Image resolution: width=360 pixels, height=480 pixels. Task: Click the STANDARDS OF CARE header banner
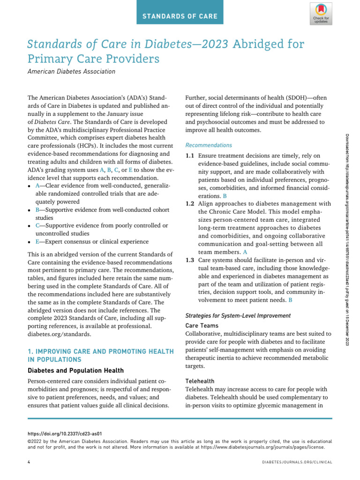pyautogui.click(x=180, y=16)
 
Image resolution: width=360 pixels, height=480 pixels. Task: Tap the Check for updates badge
pyautogui.click(x=320, y=13)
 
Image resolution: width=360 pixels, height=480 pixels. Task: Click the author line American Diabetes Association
pyautogui.click(x=71, y=71)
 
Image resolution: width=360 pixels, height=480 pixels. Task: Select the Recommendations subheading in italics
pyautogui.click(x=209, y=145)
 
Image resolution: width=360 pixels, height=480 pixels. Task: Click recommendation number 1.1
pyautogui.click(x=190, y=155)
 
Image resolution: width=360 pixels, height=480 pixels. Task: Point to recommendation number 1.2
pyautogui.click(x=190, y=204)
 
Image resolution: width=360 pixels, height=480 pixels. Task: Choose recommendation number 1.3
pyautogui.click(x=190, y=260)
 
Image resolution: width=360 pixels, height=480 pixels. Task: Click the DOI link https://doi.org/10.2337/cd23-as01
pyautogui.click(x=65, y=434)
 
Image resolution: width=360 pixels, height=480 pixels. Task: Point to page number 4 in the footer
pyautogui.click(x=29, y=462)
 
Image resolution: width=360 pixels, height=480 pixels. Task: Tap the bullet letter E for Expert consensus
pyautogui.click(x=37, y=242)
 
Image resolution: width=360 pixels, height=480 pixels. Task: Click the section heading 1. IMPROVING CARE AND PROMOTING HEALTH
pyautogui.click(x=100, y=351)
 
